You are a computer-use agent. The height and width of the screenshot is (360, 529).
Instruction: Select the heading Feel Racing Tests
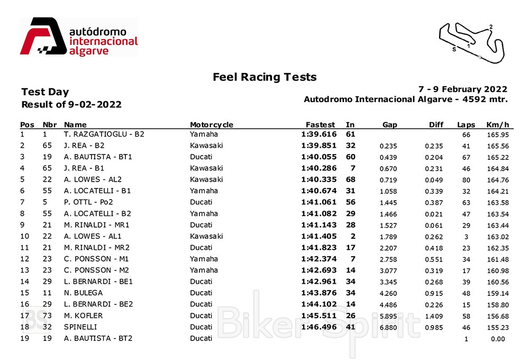(x=264, y=77)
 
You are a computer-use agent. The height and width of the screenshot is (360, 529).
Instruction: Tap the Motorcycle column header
(x=212, y=125)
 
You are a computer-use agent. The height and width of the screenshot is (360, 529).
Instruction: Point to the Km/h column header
(x=497, y=125)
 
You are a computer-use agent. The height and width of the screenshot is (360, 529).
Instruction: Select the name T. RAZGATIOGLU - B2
(x=104, y=134)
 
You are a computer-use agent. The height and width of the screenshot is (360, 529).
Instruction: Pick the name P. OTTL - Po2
(x=88, y=202)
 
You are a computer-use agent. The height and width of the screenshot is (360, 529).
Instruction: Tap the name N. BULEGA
(x=83, y=293)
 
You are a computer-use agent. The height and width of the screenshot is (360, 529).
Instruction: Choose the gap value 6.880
(x=388, y=328)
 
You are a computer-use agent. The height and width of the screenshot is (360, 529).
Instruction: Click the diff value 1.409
(x=436, y=316)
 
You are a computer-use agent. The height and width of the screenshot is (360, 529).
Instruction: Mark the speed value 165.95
(x=497, y=134)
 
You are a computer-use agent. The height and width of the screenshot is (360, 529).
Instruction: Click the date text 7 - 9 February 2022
(x=462, y=89)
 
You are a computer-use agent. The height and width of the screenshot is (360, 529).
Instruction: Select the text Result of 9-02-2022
(x=71, y=105)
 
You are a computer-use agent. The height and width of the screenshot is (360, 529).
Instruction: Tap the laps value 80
(x=466, y=179)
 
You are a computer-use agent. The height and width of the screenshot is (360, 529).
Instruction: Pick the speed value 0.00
(x=497, y=339)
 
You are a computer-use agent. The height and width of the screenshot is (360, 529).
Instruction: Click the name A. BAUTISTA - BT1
(x=98, y=157)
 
